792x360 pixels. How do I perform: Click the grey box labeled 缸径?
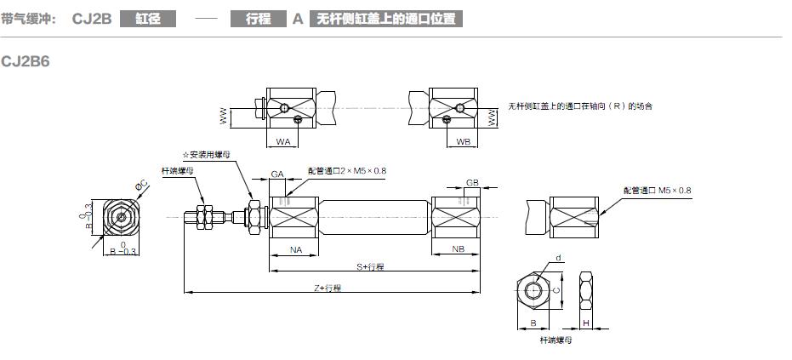click(148, 18)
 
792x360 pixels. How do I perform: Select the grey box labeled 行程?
click(258, 18)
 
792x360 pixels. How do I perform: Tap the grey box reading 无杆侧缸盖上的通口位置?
click(385, 18)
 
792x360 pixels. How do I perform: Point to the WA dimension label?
click(283, 141)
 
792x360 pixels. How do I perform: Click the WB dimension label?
click(463, 141)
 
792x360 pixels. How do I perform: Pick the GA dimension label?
click(277, 173)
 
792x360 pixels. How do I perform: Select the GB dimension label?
click(473, 182)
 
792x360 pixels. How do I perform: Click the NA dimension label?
click(296, 250)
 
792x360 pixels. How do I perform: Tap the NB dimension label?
click(458, 250)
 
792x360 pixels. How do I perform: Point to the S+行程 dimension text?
click(371, 266)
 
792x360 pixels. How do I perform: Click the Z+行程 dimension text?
click(328, 289)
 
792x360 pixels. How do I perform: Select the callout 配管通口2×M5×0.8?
click(347, 171)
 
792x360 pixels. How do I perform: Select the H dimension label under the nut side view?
click(587, 323)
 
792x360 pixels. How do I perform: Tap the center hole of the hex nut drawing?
click(533, 289)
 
